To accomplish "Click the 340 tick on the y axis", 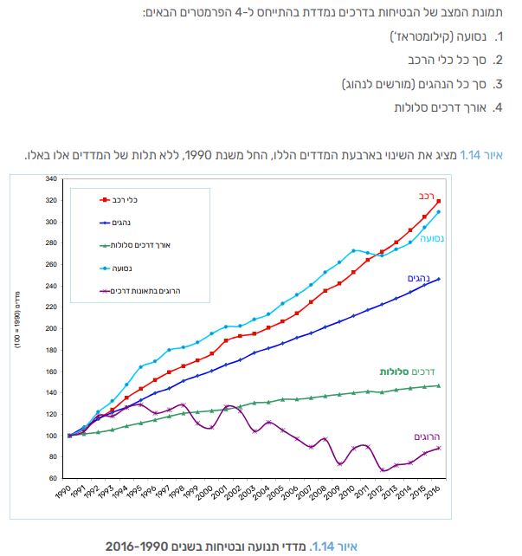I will point(51,179).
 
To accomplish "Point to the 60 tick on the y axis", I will point(53,478).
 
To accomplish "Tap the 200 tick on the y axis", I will point(51,328).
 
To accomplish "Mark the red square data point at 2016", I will point(439,202).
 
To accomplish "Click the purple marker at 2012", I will point(382,470).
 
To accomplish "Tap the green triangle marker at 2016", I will point(439,385).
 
